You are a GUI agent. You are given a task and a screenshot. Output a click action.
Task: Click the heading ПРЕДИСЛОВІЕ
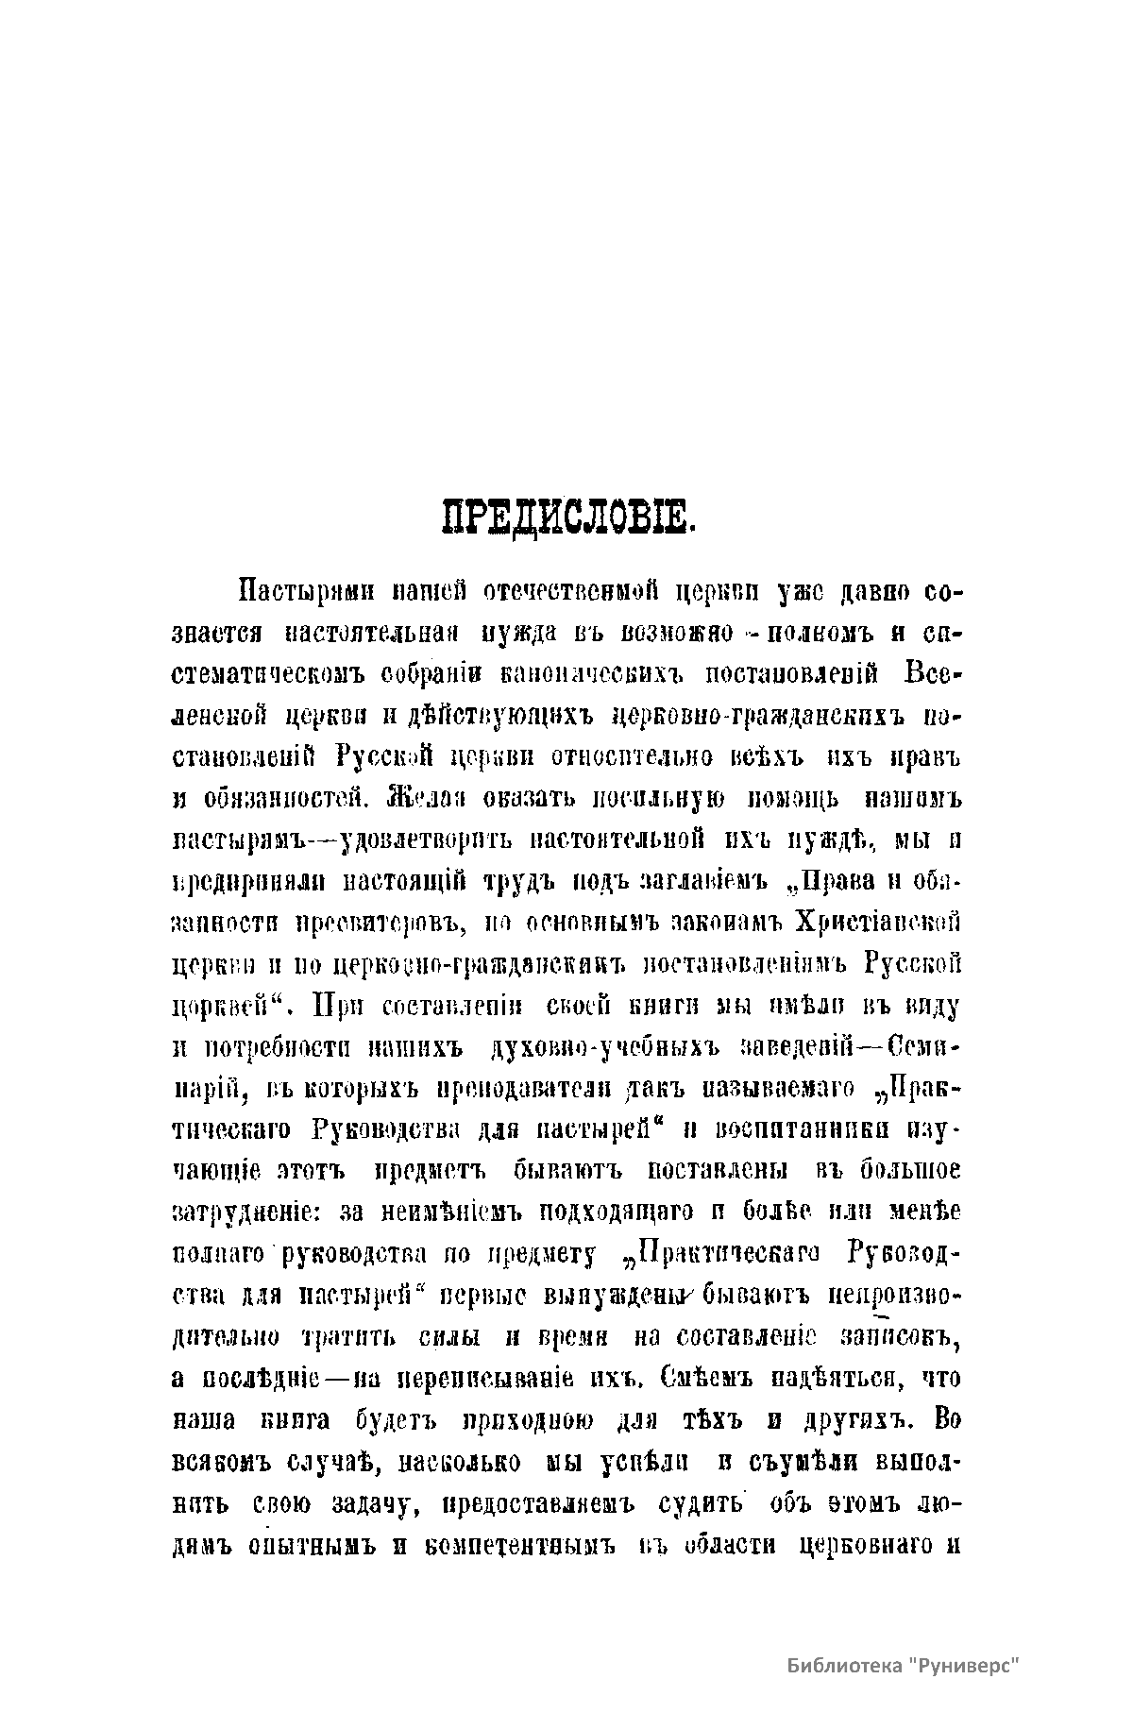pos(568,518)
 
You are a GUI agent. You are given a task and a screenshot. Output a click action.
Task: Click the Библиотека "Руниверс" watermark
pos(905,1665)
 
